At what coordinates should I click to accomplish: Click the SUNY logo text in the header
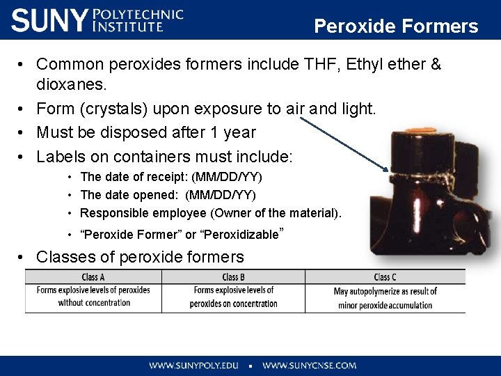[50, 20]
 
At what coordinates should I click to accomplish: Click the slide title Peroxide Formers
[396, 26]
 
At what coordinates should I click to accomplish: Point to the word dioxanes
[71, 85]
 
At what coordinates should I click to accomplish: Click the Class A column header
[93, 277]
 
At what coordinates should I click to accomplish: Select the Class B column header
[233, 277]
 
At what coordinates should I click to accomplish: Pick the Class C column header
[385, 277]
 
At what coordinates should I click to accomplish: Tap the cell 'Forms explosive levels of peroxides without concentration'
[93, 296]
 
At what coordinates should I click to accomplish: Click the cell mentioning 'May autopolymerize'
[385, 298]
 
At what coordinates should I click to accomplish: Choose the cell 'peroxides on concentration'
[233, 304]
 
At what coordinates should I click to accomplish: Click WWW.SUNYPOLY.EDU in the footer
[193, 365]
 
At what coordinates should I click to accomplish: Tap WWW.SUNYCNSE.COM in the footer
[309, 365]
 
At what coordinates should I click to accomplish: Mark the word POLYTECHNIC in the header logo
[138, 14]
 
